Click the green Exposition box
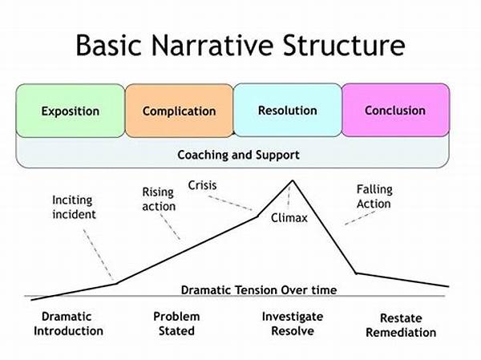click(x=70, y=110)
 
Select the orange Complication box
click(x=179, y=110)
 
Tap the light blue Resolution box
click(x=288, y=110)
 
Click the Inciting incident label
click(x=74, y=207)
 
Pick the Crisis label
click(x=202, y=185)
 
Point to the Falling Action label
click(x=374, y=196)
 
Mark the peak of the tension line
click(x=293, y=180)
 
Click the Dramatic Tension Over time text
click(x=259, y=289)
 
